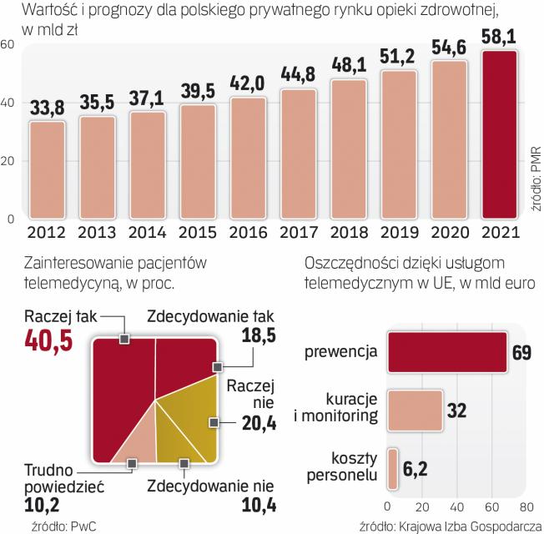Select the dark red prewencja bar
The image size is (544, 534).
click(x=446, y=352)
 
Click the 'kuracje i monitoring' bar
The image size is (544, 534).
click(x=413, y=410)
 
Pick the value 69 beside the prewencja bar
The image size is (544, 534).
click(x=521, y=352)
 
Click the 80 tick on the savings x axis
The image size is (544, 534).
click(x=526, y=506)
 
